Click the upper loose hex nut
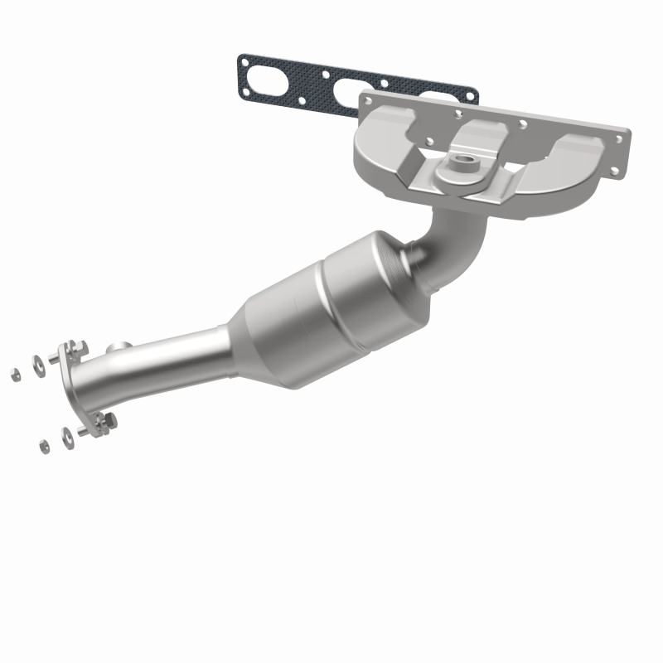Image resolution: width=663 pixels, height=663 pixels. click(x=16, y=374)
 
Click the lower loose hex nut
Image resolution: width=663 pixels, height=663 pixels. click(x=43, y=446)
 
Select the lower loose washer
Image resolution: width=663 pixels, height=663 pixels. click(x=67, y=433)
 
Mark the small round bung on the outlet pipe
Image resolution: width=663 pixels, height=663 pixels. click(x=121, y=348)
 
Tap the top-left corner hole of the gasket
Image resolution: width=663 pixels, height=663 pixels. click(x=244, y=60)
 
